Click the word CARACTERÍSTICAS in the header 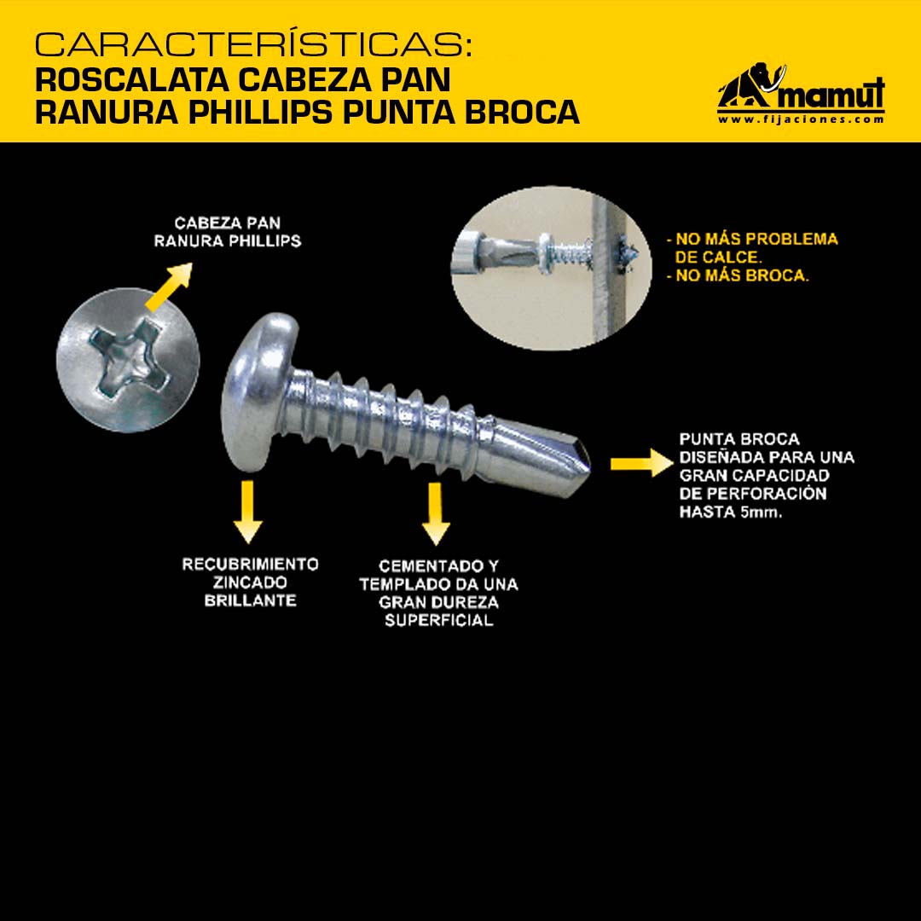[253, 44]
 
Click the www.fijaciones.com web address [801, 119]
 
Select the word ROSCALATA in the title [132, 80]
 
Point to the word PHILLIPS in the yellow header [264, 113]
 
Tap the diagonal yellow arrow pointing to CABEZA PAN [169, 286]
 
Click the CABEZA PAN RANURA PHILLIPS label [228, 232]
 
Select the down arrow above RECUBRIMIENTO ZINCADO [248, 512]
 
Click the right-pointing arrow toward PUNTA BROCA [641, 463]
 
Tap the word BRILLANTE [250, 600]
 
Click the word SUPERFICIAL [439, 620]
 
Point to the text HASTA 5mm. [731, 512]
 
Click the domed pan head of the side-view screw [258, 391]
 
